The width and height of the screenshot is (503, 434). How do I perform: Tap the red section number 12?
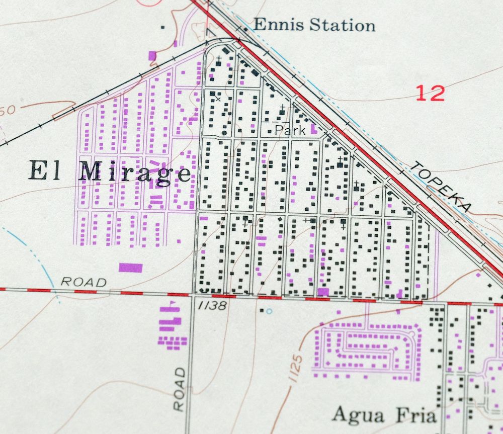tap(431, 93)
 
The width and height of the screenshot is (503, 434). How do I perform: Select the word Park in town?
tap(290, 130)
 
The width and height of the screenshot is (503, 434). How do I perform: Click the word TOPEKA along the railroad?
tap(442, 186)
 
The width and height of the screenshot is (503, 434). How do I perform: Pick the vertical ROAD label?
tap(180, 389)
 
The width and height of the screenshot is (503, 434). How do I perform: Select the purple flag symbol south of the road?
tap(173, 304)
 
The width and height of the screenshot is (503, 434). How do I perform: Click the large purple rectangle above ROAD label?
tap(131, 267)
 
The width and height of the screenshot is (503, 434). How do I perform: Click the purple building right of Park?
tap(313, 129)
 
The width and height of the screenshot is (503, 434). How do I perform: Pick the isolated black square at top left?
tap(162, 27)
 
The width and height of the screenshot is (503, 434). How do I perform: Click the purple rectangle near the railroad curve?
tap(152, 55)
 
